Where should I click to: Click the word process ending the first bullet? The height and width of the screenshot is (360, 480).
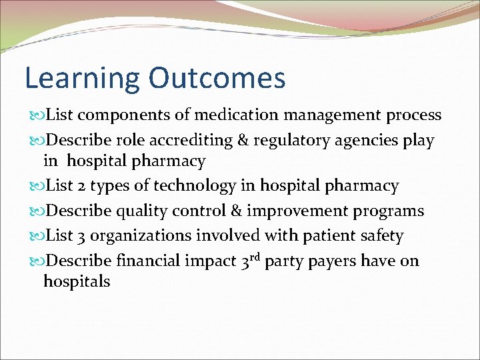point(414,115)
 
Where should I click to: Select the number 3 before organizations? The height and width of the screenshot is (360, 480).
point(83,236)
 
